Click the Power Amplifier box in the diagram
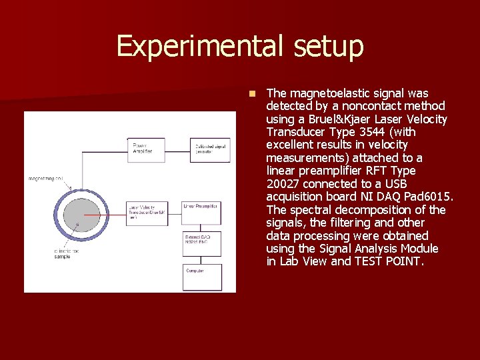point(146,149)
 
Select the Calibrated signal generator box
point(211,149)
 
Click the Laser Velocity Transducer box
point(146,213)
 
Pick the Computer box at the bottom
point(201,277)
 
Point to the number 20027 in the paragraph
point(283,184)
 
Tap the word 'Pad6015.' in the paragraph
point(429,197)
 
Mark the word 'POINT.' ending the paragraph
point(403,261)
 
